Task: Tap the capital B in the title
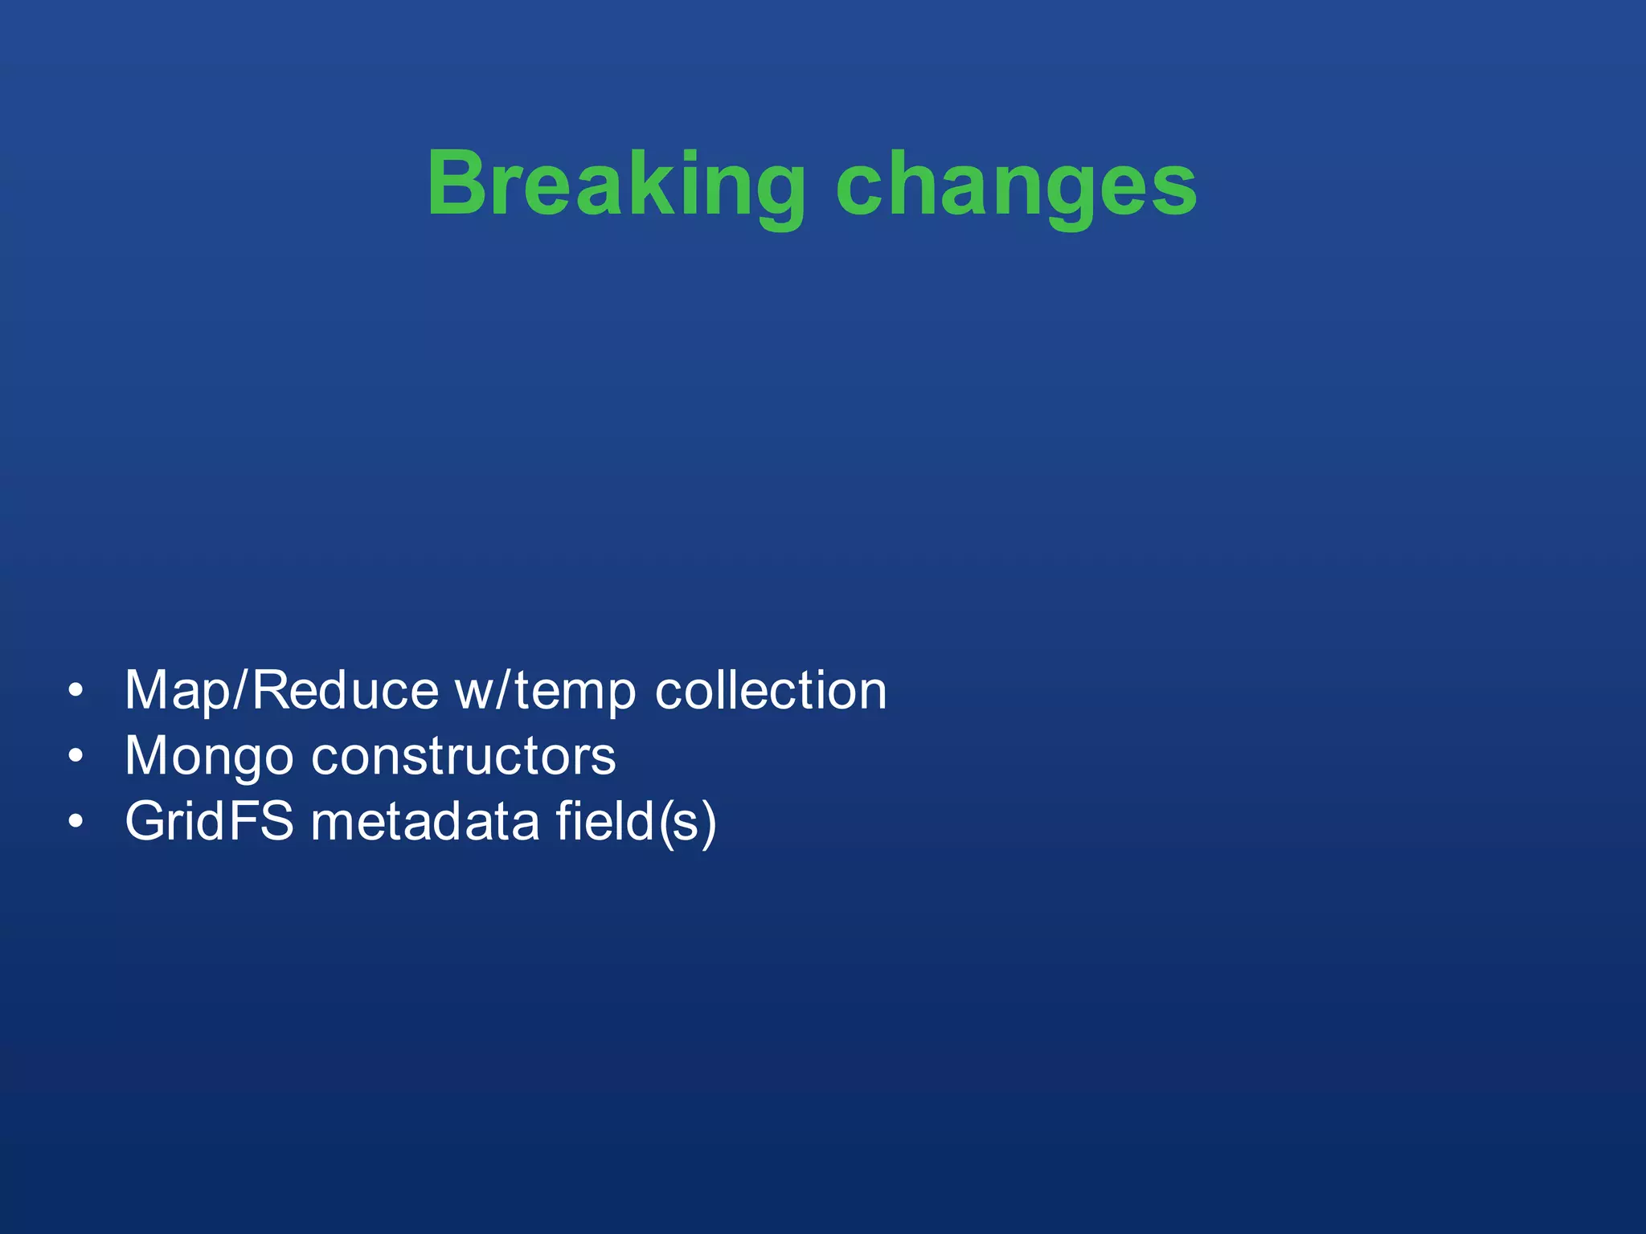[x=457, y=183]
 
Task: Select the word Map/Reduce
[x=281, y=691]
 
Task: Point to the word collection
[x=770, y=691]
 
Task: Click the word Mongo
[x=209, y=757]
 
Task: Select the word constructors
[x=463, y=757]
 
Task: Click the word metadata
[x=424, y=821]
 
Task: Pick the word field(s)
[x=635, y=821]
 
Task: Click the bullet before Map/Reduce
[x=76, y=691]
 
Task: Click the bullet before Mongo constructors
[x=76, y=756]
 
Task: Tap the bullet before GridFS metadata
[x=76, y=821]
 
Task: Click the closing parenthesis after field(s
[x=707, y=823]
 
